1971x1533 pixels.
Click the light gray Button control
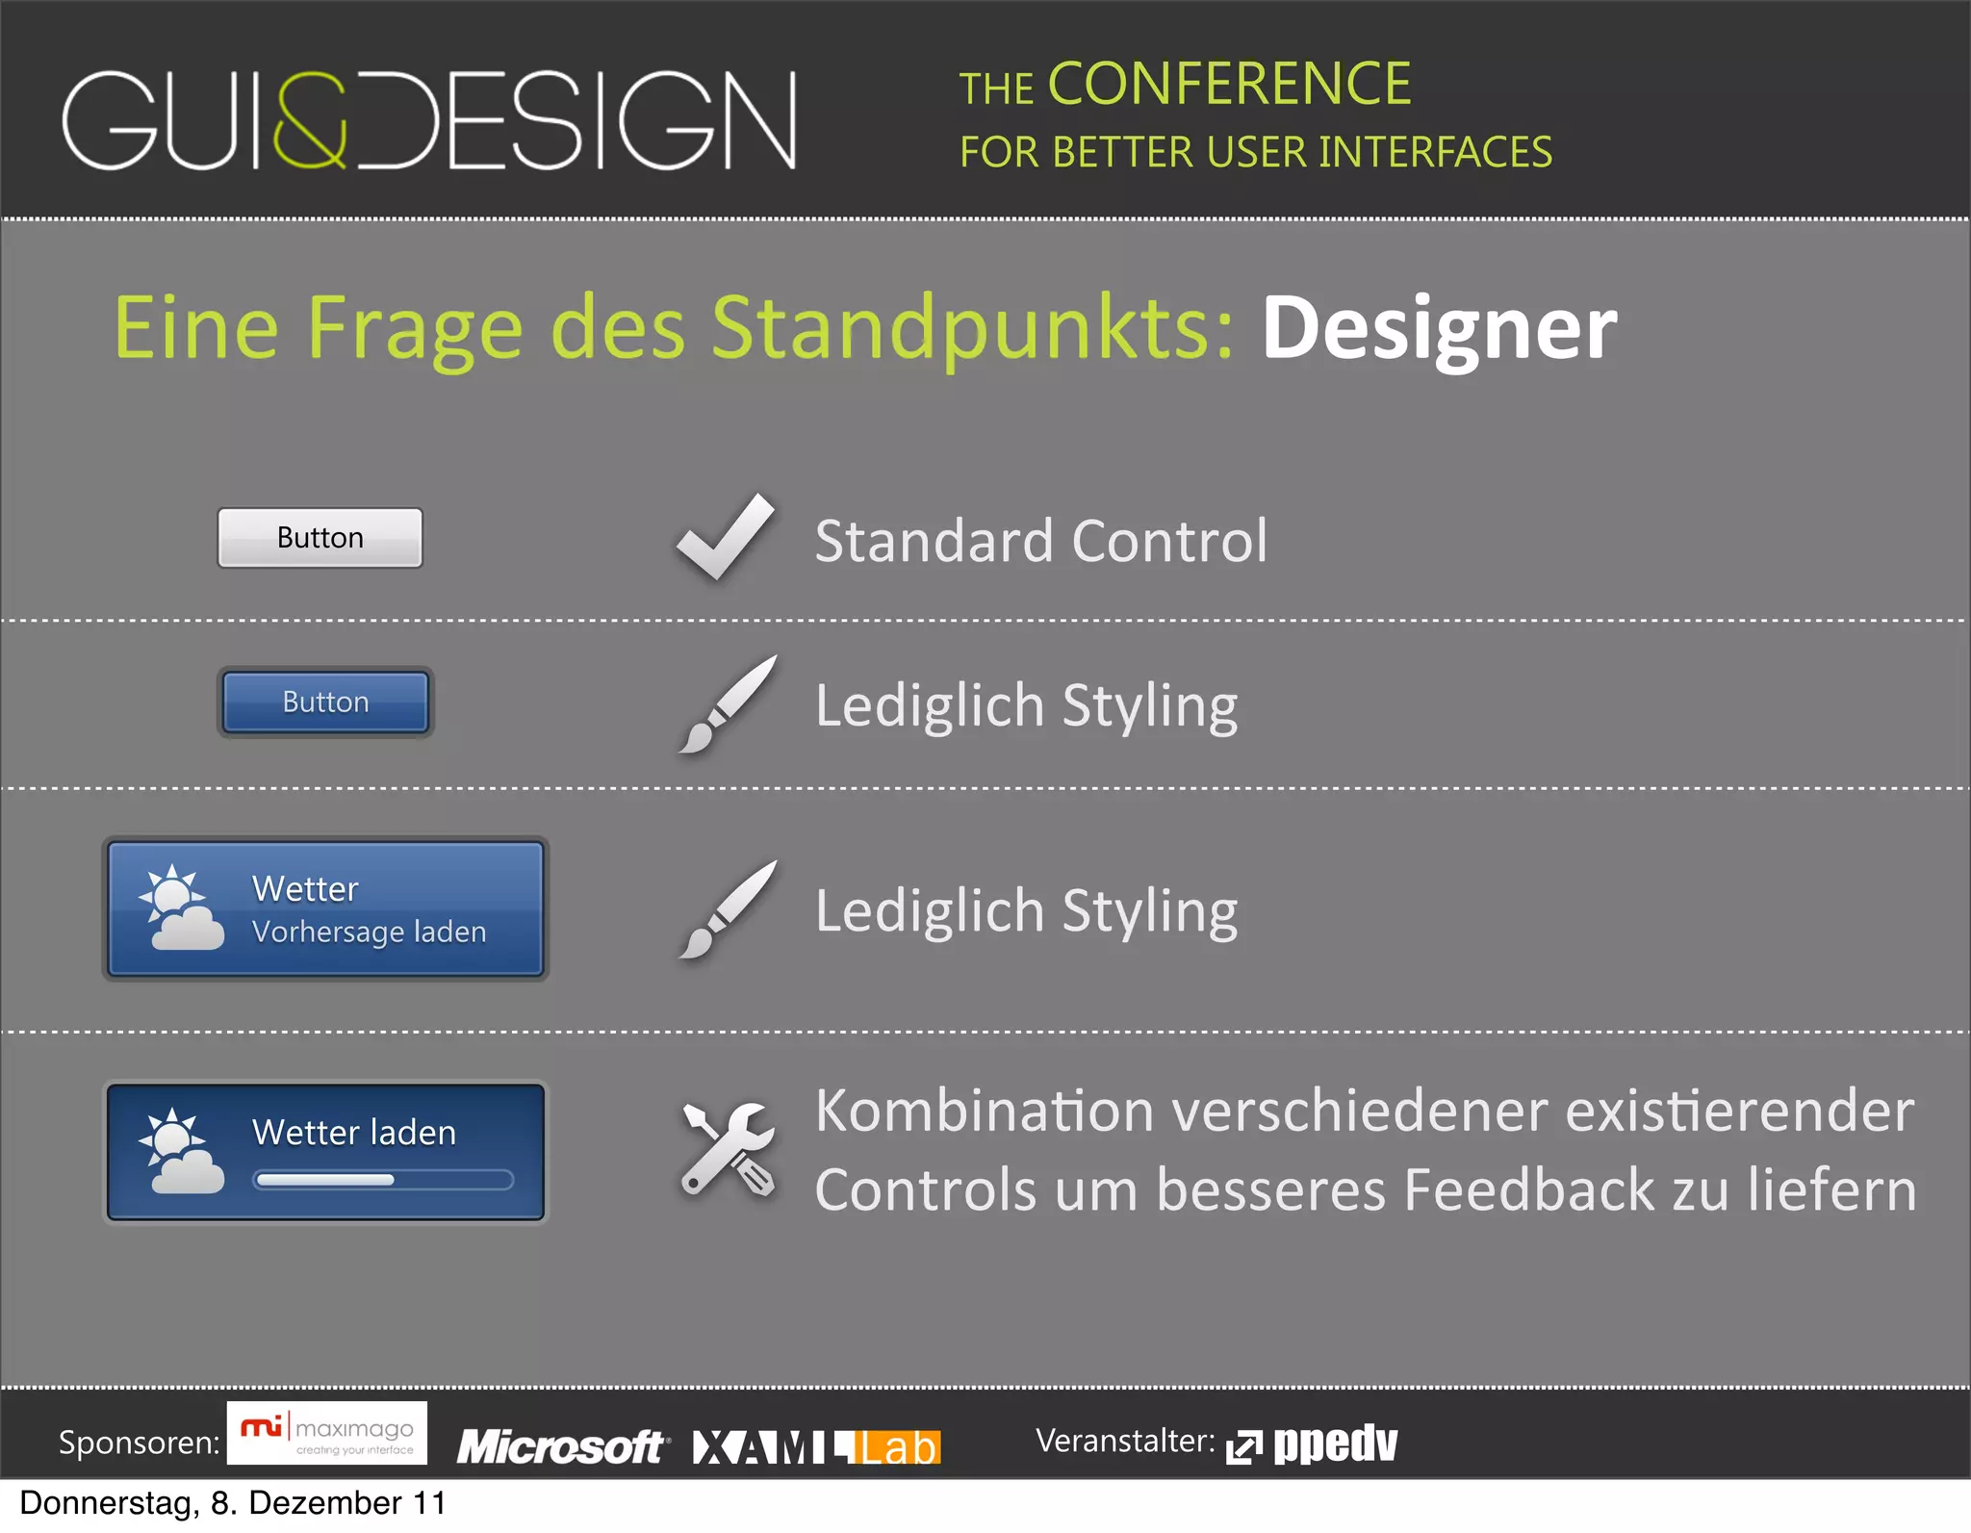(x=320, y=538)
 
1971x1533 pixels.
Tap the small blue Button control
(x=325, y=703)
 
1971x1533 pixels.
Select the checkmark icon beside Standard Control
(x=726, y=537)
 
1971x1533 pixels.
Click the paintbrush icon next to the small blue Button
(x=728, y=703)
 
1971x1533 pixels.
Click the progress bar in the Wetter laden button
(x=382, y=1180)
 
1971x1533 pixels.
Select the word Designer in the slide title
(x=1439, y=329)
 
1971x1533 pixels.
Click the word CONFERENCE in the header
(x=1229, y=85)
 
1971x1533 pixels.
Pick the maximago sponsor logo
(x=327, y=1433)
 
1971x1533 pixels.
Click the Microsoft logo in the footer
(x=561, y=1446)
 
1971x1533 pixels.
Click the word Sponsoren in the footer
(x=139, y=1443)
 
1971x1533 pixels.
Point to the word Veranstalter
(x=1124, y=1441)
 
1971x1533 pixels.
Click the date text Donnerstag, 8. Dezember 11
(x=232, y=1503)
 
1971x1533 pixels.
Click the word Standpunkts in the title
(x=972, y=329)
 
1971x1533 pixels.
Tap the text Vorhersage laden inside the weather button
(x=369, y=933)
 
